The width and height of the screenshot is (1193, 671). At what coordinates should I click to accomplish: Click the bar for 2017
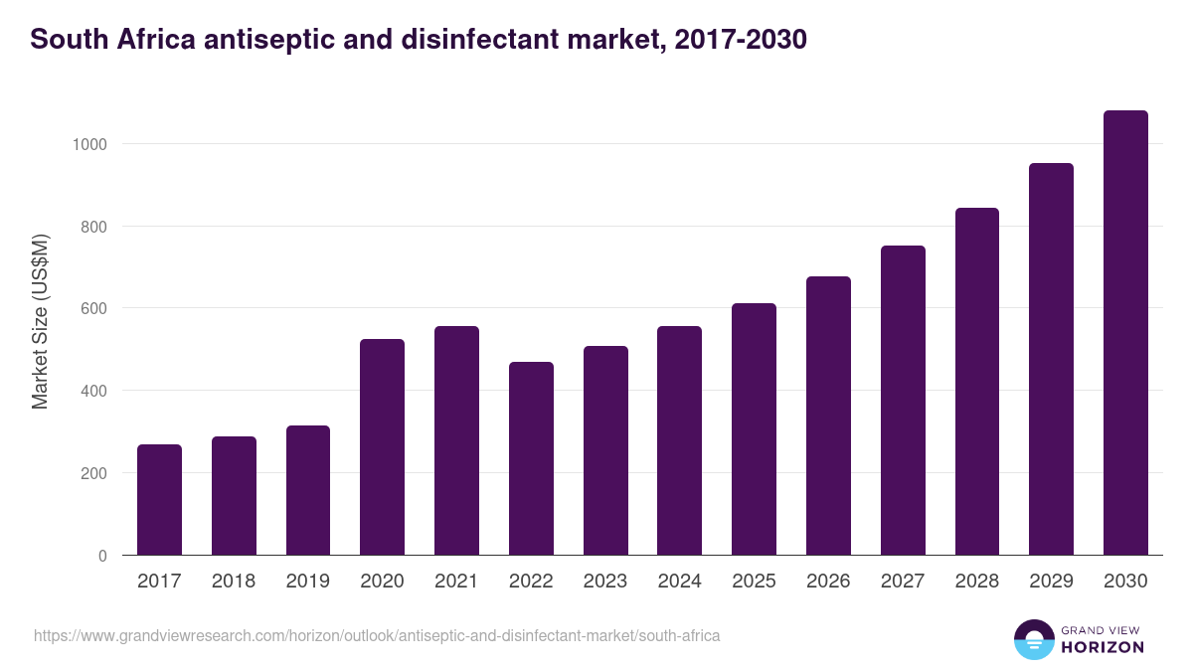(x=159, y=500)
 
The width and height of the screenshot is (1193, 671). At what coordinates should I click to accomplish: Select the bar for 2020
(x=382, y=447)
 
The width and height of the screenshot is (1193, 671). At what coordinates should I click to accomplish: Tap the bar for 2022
(x=531, y=458)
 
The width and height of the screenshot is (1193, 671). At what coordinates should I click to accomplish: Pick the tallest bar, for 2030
(x=1125, y=333)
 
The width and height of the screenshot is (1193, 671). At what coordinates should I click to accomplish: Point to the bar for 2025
(x=754, y=429)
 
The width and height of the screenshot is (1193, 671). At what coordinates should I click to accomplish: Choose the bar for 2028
(x=976, y=382)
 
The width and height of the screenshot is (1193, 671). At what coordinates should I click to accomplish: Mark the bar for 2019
(x=307, y=490)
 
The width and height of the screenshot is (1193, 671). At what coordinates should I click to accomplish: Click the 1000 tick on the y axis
(x=88, y=144)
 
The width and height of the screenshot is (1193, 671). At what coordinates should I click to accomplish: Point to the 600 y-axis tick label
(x=92, y=308)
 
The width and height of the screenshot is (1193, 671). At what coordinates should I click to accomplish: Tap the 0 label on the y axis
(x=101, y=556)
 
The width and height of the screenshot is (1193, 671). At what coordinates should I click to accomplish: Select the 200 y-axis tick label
(x=92, y=473)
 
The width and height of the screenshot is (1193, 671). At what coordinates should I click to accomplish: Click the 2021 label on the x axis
(x=456, y=582)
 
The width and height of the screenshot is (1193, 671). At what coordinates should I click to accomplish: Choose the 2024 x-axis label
(x=679, y=582)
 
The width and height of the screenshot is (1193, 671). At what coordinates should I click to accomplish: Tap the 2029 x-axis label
(x=1051, y=582)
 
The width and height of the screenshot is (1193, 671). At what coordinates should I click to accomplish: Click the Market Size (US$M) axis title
(x=40, y=321)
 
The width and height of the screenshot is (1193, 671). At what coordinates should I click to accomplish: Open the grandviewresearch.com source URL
(x=377, y=635)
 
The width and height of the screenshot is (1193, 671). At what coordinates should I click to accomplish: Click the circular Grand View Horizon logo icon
(x=1033, y=639)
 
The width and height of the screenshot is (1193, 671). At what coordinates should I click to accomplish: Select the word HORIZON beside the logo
(x=1103, y=647)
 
